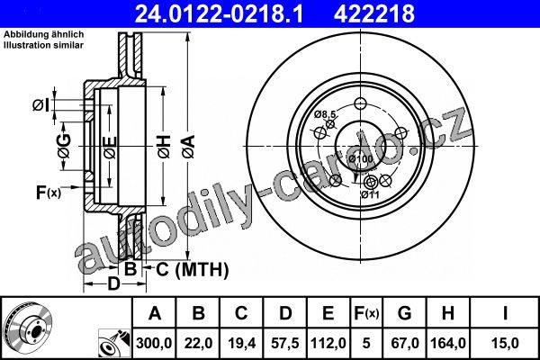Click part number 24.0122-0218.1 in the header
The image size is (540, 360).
click(x=219, y=13)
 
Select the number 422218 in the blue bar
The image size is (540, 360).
click(x=374, y=13)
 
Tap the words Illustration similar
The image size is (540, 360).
click(x=44, y=45)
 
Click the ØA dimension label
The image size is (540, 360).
click(x=189, y=147)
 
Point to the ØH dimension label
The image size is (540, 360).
click(x=165, y=147)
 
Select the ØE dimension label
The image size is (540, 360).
click(x=111, y=148)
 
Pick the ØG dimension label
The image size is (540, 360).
click(x=65, y=146)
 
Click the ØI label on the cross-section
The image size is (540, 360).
click(x=41, y=105)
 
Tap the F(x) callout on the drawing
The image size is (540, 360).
click(x=49, y=193)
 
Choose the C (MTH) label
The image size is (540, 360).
click(x=193, y=269)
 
